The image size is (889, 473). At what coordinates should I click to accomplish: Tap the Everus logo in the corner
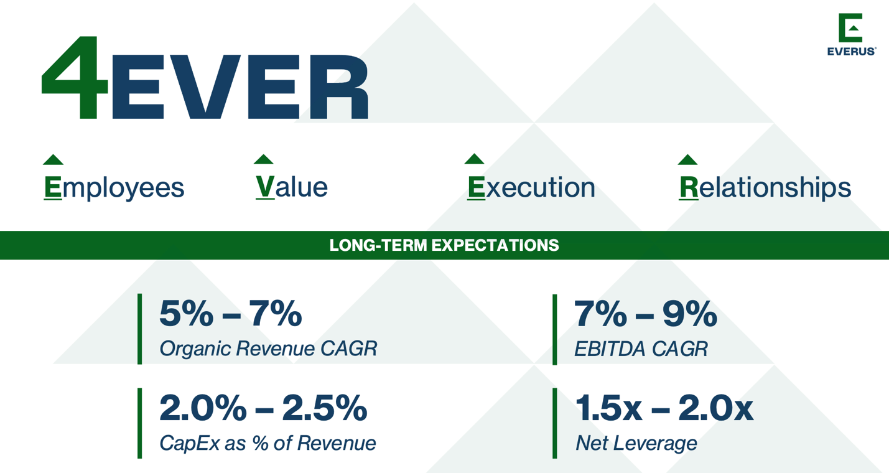(851, 34)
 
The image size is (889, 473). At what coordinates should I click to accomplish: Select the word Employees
(114, 187)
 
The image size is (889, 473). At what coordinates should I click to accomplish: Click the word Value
(291, 187)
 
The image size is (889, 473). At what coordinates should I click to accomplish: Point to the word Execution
(531, 187)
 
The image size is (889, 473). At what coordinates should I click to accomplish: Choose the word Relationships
(765, 187)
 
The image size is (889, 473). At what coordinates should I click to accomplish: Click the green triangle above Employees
(53, 160)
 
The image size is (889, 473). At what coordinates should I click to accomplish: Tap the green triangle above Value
(264, 159)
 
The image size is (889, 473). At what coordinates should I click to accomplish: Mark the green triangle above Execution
(474, 159)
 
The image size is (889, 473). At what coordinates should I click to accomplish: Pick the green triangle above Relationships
(687, 160)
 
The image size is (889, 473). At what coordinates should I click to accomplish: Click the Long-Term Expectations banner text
(444, 245)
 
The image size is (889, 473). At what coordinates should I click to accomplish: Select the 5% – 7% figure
(230, 314)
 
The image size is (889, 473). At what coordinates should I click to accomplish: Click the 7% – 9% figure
(645, 314)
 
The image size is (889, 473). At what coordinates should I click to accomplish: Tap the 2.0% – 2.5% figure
(263, 408)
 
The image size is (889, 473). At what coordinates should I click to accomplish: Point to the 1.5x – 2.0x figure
(664, 408)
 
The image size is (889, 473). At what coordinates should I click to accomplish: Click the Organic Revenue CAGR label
(268, 349)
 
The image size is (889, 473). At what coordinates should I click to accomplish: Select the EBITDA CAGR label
(641, 349)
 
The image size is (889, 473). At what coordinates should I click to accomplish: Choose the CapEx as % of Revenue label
(268, 443)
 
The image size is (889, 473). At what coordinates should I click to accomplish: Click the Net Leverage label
(636, 443)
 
